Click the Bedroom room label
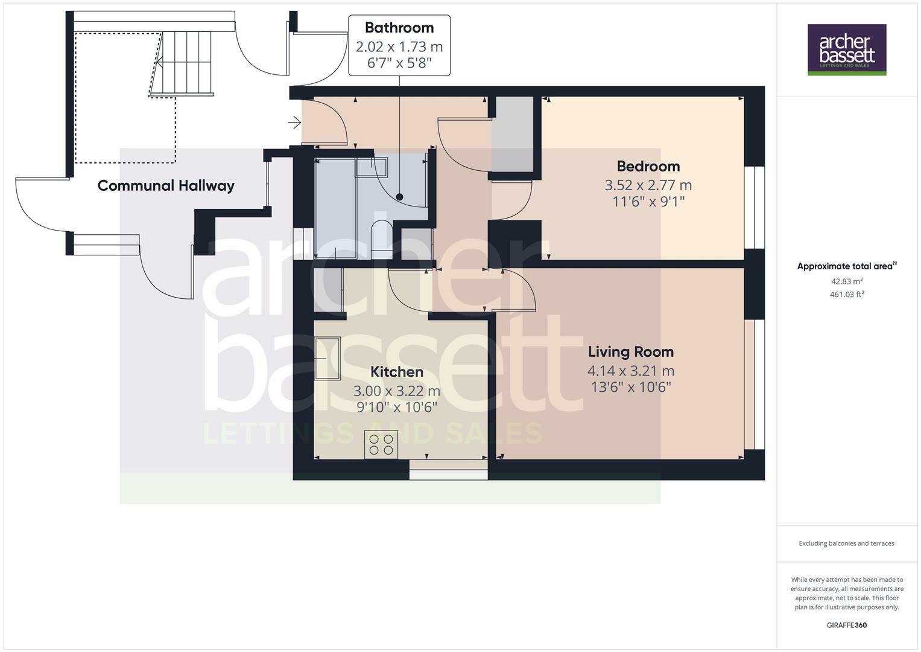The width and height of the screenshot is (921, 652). click(648, 166)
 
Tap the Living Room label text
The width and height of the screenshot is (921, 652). click(630, 351)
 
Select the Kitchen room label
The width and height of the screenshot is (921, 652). click(396, 372)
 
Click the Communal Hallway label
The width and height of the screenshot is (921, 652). click(166, 185)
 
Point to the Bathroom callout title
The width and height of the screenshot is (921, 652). click(399, 28)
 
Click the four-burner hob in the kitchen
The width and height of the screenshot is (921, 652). click(381, 444)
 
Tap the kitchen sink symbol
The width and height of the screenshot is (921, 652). click(327, 359)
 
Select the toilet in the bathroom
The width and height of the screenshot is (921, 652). click(381, 239)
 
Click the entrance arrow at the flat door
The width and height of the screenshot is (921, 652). click(294, 123)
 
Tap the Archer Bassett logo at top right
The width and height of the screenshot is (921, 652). click(846, 50)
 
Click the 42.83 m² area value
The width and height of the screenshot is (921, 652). click(846, 281)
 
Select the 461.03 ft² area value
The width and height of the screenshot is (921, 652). click(846, 295)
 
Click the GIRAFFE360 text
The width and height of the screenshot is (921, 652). click(846, 625)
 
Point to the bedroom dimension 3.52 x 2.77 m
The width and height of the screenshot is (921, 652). click(648, 185)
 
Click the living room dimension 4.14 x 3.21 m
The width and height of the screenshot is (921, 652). click(630, 371)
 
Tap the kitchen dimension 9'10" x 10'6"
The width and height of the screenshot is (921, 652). click(396, 407)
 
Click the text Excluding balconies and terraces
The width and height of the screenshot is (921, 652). click(846, 543)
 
